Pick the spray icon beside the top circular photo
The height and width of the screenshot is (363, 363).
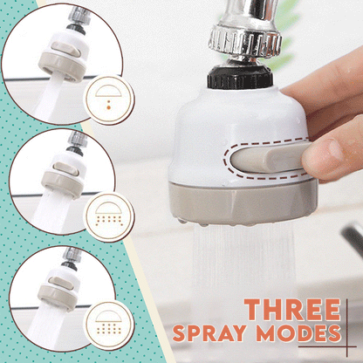[x=109, y=98]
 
